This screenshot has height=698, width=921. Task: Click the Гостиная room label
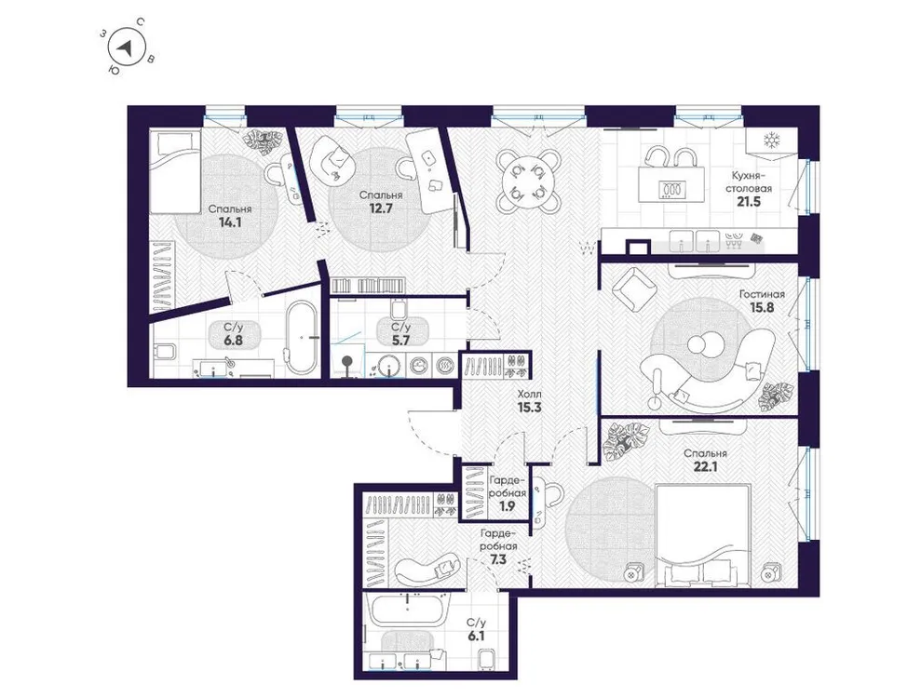(x=762, y=294)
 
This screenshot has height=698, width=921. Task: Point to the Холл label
(x=530, y=395)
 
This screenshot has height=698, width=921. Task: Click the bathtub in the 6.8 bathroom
(x=301, y=336)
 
